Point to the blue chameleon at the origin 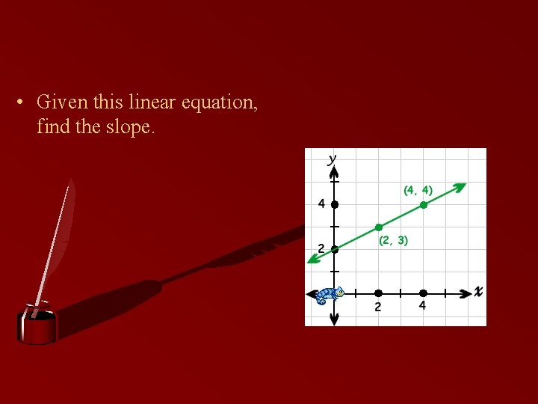click(x=328, y=296)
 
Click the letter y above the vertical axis click(x=332, y=159)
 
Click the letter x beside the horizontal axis click(x=477, y=291)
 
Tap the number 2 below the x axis click(x=378, y=307)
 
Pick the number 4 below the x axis click(x=423, y=306)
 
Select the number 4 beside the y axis click(x=321, y=203)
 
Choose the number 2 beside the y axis click(x=321, y=248)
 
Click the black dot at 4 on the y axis click(x=335, y=204)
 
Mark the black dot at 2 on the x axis click(x=378, y=293)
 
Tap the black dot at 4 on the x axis click(x=423, y=293)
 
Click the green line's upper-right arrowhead click(x=462, y=186)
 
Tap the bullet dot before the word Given click(x=23, y=102)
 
